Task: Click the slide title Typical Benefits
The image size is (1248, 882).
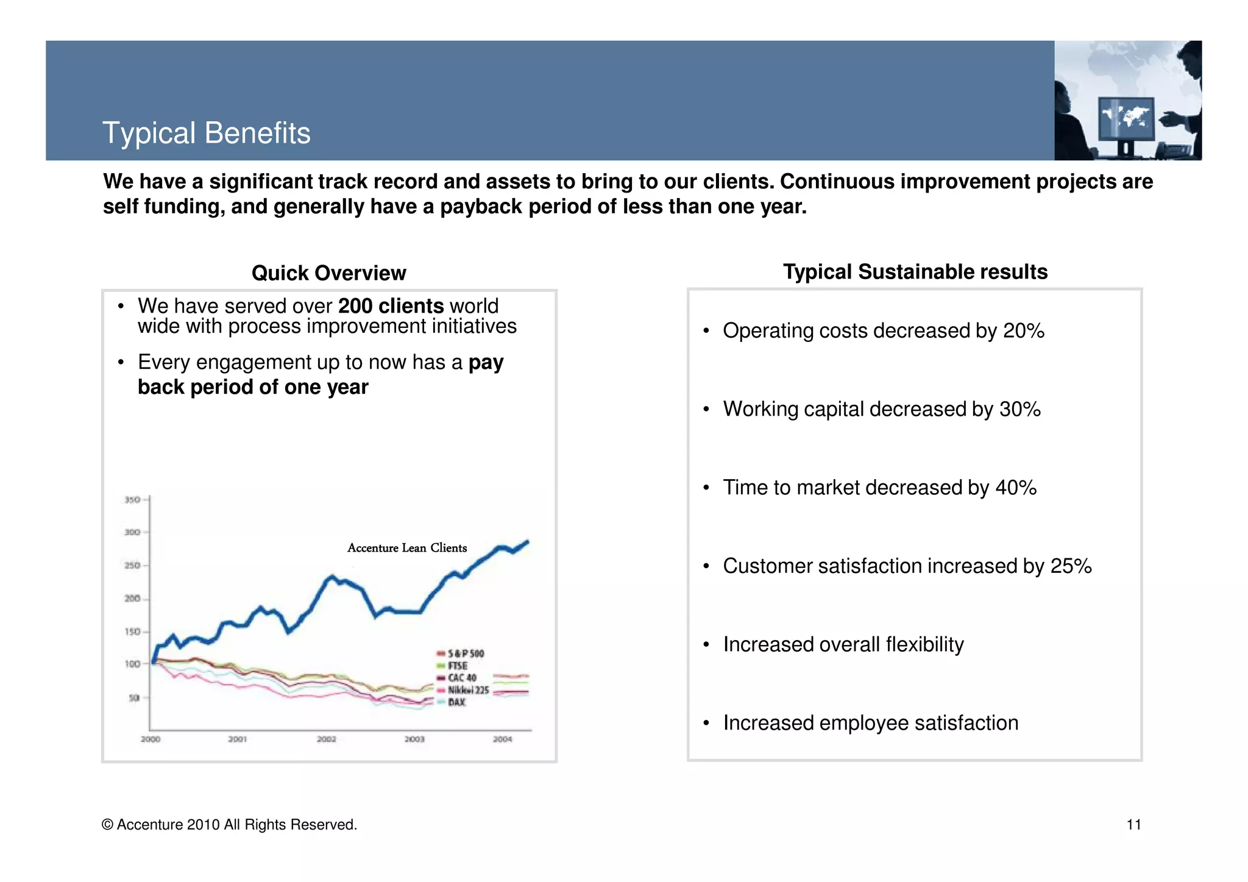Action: (x=206, y=133)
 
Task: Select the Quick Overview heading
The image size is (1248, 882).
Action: (x=328, y=273)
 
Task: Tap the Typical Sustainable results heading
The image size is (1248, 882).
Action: (x=915, y=272)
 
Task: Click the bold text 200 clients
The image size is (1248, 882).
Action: (x=391, y=306)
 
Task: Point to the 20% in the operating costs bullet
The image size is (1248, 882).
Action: (x=1024, y=331)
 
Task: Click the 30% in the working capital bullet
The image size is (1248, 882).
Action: (x=1019, y=409)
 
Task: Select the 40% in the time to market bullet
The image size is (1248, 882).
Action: (x=1016, y=488)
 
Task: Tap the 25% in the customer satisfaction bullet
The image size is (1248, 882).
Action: (x=1071, y=566)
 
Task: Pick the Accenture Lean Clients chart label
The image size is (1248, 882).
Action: (x=407, y=548)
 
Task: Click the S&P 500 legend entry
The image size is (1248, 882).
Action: (x=466, y=653)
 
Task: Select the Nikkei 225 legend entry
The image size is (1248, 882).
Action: (x=468, y=690)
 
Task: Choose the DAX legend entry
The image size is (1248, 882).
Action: (x=456, y=702)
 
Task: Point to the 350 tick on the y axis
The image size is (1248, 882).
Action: (x=132, y=500)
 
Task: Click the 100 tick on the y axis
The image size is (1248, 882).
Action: (x=132, y=664)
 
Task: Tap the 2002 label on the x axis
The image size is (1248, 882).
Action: (x=326, y=739)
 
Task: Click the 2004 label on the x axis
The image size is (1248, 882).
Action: (x=502, y=739)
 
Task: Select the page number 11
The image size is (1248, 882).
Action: (x=1133, y=825)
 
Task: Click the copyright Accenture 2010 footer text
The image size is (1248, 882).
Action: (x=229, y=825)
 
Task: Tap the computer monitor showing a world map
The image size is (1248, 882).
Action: (x=1126, y=119)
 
